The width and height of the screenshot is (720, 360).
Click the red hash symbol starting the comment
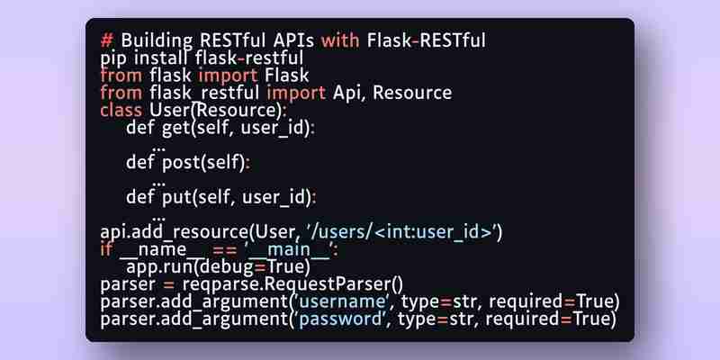pyautogui.click(x=106, y=40)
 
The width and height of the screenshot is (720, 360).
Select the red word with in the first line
pyautogui.click(x=340, y=40)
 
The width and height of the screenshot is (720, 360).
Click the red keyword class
pyautogui.click(x=121, y=110)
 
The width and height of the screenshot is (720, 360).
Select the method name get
pyautogui.click(x=176, y=128)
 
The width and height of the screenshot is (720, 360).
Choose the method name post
pyautogui.click(x=181, y=163)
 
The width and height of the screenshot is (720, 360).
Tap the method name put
pyautogui.click(x=176, y=197)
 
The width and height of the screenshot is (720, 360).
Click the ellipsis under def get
pyautogui.click(x=158, y=148)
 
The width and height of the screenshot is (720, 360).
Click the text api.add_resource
pyautogui.click(x=174, y=232)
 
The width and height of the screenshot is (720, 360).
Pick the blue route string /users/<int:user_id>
pyautogui.click(x=405, y=232)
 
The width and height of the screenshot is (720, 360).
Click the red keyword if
pyautogui.click(x=105, y=249)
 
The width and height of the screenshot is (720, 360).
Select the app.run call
pyautogui.click(x=218, y=266)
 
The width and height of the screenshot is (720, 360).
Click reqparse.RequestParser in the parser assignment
pyautogui.click(x=292, y=284)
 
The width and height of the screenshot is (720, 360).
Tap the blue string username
pyautogui.click(x=342, y=301)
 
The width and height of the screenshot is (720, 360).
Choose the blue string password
pyautogui.click(x=341, y=319)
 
